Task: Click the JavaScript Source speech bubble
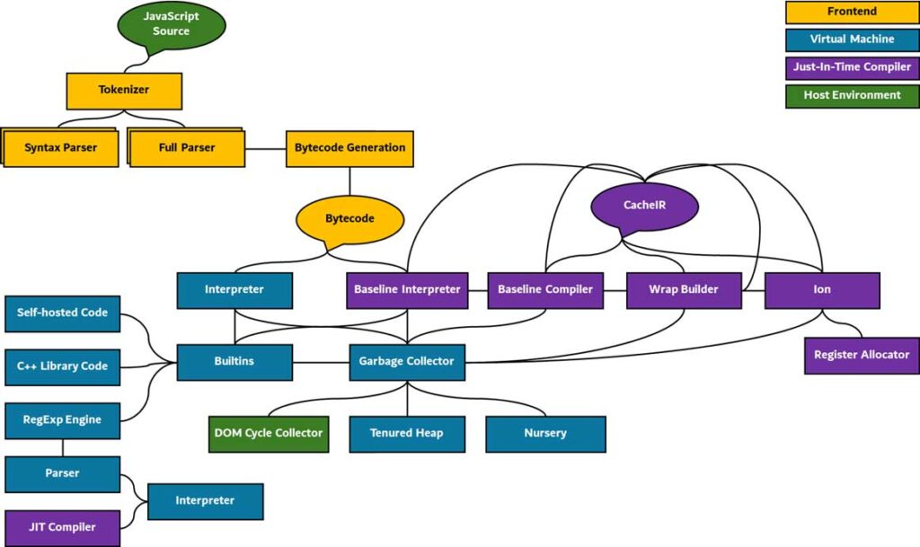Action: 171,25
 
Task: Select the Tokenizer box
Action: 124,91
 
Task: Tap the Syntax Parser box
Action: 60,147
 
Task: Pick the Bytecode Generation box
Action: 349,147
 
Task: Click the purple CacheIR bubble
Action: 646,206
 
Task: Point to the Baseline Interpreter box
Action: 407,290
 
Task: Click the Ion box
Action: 822,290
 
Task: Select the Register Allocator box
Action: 862,355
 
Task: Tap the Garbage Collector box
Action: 407,361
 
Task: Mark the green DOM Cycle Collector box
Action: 269,433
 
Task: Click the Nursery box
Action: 545,433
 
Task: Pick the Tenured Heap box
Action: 406,433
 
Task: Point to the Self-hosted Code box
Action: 63,313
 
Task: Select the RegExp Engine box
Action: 63,419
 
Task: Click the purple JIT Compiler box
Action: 63,527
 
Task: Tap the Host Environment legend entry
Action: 852,95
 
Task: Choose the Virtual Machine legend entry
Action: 852,40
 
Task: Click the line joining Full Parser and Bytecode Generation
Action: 265,147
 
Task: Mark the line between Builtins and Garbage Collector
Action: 321,362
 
